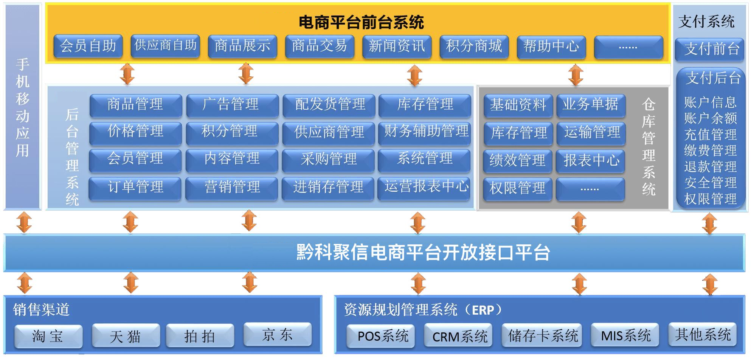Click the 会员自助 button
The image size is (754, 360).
[88, 46]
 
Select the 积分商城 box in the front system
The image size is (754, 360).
[474, 47]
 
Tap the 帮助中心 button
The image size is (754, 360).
[551, 47]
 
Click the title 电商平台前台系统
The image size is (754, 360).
[361, 22]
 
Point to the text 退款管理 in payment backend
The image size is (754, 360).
[710, 166]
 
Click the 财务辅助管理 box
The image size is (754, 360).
[425, 132]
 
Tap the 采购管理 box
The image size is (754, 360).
[328, 159]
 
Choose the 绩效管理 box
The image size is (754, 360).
[517, 160]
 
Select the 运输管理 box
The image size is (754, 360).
[591, 132]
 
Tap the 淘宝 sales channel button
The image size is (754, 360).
[48, 336]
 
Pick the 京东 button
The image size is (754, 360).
[277, 334]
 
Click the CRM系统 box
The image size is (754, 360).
[458, 336]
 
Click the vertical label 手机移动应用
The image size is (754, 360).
[23, 108]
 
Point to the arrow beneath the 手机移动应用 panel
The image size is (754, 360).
[24, 222]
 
